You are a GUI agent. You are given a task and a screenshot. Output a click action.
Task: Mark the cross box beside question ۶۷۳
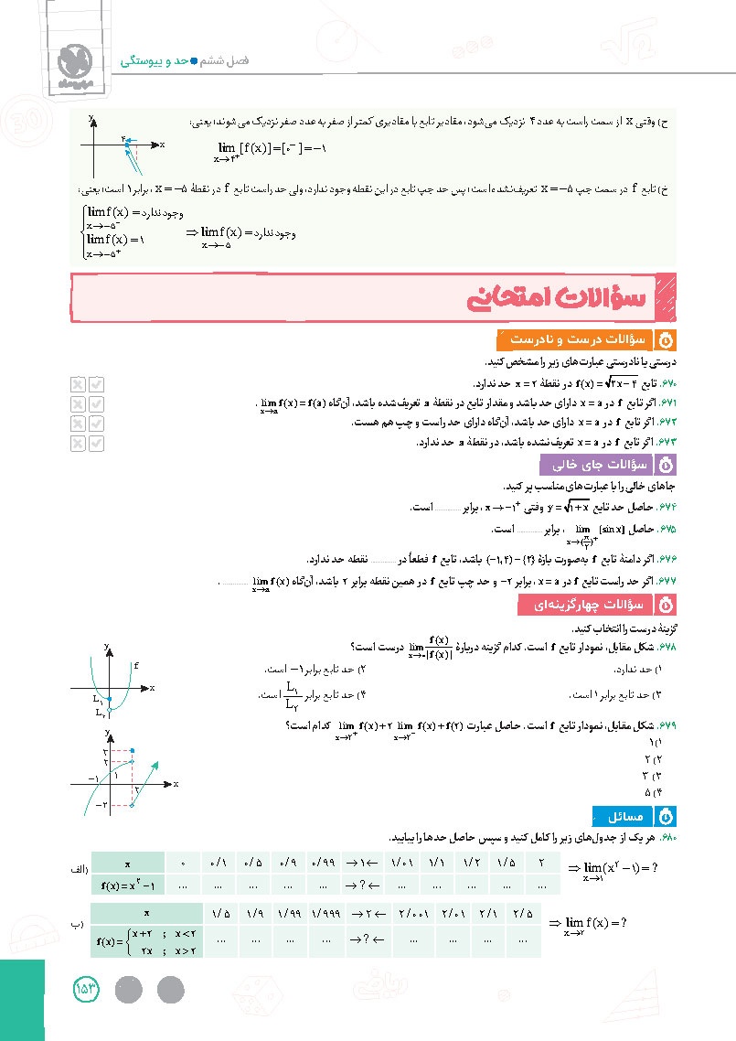(79, 443)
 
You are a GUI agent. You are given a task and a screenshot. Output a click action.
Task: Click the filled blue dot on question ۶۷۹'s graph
(133, 751)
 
